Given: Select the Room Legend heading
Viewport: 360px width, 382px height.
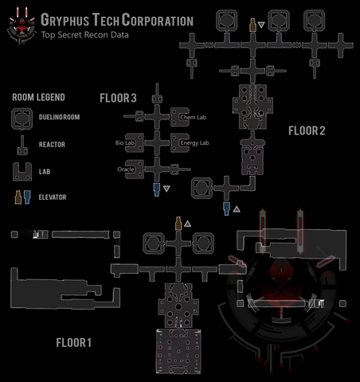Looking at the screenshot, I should (39, 98).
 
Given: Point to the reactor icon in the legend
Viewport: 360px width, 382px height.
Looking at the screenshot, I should (22, 146).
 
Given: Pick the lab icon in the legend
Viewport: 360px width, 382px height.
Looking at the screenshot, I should (22, 170).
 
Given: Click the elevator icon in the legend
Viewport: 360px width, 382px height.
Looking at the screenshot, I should (22, 196).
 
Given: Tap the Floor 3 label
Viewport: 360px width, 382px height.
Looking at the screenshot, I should (118, 98).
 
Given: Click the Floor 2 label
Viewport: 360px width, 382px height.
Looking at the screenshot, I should (307, 130).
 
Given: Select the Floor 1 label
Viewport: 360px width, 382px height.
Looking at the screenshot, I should (74, 343).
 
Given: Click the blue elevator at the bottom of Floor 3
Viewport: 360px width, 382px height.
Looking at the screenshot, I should (156, 189).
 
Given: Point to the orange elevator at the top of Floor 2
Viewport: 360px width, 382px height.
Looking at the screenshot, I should (252, 26).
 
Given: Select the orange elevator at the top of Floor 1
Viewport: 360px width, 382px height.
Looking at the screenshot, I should (178, 225).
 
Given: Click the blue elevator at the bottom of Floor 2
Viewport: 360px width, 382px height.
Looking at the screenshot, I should (227, 209).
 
